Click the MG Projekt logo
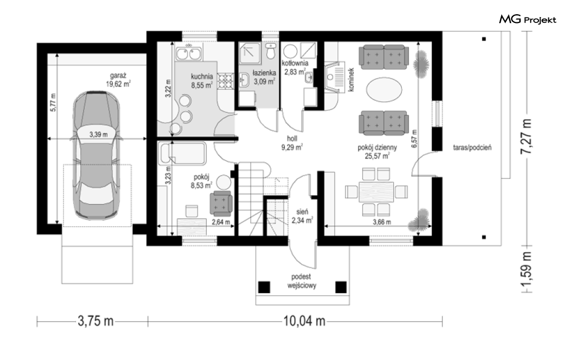click(528, 19)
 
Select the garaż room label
click(118, 80)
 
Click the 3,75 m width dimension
click(96, 321)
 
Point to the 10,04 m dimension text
click(304, 321)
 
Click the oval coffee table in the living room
click(384, 90)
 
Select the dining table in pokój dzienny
click(376, 192)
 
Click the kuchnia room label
click(202, 81)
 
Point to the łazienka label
click(264, 77)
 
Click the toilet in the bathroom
click(271, 51)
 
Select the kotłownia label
click(295, 67)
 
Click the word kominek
click(352, 79)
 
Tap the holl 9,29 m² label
click(292, 143)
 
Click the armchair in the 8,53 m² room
click(221, 204)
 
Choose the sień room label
click(302, 216)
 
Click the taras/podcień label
click(472, 148)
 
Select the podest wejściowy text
click(301, 281)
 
